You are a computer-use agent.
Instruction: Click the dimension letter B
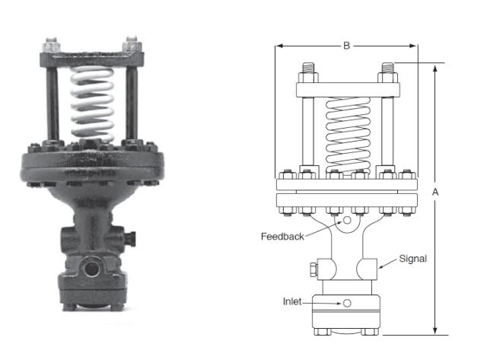(x=346, y=46)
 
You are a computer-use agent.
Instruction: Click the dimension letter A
(x=435, y=193)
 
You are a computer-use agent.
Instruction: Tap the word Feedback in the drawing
(x=282, y=237)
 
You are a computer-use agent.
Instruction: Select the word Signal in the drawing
(x=413, y=259)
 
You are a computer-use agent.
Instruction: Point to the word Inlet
(x=293, y=302)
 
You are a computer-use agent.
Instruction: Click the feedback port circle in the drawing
(x=347, y=221)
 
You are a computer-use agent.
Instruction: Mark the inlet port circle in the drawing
(x=347, y=303)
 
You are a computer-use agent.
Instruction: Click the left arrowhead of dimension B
(x=279, y=46)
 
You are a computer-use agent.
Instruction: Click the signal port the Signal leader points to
(x=371, y=267)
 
